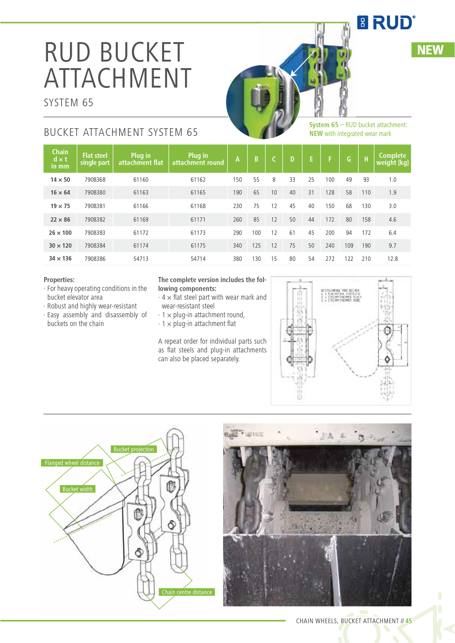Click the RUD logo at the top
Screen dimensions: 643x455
pos(386,23)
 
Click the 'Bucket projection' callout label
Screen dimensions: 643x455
pos(134,449)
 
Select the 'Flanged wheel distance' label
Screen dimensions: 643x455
pos(72,463)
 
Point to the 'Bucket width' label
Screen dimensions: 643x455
pos(77,489)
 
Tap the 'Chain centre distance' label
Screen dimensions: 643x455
pos(187,592)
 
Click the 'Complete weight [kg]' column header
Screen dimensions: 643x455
pos(392,159)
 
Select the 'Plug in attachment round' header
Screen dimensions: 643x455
pos(198,159)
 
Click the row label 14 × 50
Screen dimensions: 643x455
pos(60,180)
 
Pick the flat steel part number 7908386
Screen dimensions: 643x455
pos(95,259)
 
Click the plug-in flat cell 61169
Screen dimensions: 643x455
pos(141,219)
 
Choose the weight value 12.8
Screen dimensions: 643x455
pos(392,259)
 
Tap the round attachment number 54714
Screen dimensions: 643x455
pos(198,259)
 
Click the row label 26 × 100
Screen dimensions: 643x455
pos(60,233)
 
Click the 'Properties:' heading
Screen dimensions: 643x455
pos(59,280)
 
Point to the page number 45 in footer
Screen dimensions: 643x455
pos(408,621)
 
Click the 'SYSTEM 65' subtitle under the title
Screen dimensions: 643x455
pos(69,103)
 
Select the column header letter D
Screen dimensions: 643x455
pos(292,159)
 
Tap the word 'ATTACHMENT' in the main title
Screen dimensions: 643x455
pos(118,78)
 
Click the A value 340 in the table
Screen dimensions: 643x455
pos(237,245)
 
